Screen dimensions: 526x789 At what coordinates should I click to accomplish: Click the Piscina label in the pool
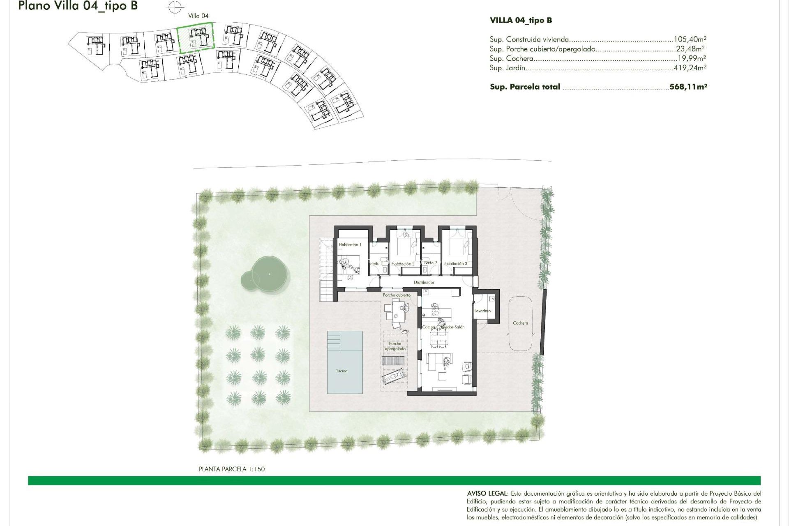point(341,371)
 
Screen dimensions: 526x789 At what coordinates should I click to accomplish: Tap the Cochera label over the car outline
point(520,323)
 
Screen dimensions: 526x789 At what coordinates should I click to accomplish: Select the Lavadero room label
point(482,311)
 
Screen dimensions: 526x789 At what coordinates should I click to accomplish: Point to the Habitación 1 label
point(350,245)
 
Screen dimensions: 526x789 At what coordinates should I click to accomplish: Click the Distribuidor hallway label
point(424,282)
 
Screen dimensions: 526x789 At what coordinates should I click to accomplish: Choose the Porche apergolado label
point(395,346)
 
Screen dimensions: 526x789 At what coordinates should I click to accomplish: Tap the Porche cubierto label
point(397,295)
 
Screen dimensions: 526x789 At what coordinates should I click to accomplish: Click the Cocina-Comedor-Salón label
point(443,327)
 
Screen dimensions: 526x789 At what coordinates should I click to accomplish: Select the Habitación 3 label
point(456,263)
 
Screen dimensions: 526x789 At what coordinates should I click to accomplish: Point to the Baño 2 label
point(430,263)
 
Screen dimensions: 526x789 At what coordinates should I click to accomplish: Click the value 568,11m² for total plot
point(688,87)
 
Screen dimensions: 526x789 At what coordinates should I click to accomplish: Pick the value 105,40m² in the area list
point(690,39)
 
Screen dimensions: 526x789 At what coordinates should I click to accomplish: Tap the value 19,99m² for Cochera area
point(692,58)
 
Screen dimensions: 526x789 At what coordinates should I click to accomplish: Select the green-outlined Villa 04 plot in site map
point(196,37)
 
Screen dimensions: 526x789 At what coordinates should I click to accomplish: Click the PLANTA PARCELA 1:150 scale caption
point(232,469)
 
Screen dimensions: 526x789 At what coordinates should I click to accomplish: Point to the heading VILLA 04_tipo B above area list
point(521,20)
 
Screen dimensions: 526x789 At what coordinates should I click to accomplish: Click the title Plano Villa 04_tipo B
point(78,6)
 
